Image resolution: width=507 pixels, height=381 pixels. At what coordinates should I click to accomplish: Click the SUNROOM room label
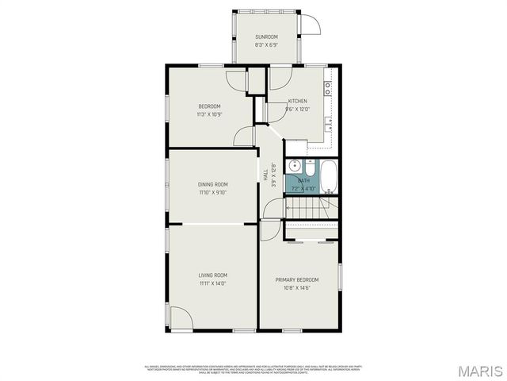coord(266,37)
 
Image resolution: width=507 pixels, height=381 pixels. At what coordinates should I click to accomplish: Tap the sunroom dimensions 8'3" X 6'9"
coord(266,45)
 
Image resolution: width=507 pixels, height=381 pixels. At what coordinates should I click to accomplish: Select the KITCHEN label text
coord(297,101)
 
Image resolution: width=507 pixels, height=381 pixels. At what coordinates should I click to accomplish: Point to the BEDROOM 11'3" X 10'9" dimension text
coord(209,114)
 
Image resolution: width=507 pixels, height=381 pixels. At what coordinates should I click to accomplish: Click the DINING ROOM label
coord(212,184)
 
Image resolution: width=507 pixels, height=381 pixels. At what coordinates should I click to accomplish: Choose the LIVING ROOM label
coord(212,275)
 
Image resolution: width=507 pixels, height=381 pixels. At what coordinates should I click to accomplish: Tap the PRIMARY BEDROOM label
coord(297,279)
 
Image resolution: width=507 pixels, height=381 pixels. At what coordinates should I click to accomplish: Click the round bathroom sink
coord(294,166)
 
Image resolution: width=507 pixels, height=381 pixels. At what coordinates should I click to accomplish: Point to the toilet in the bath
coord(310,167)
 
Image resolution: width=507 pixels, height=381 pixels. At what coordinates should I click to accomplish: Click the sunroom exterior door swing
coord(311,24)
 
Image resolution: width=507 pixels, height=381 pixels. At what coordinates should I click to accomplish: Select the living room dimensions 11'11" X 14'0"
coord(212,283)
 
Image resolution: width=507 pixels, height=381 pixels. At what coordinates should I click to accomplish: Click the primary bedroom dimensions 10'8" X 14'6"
coord(297,288)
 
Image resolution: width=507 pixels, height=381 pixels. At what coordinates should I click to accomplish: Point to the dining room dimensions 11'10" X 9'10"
coord(212,192)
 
